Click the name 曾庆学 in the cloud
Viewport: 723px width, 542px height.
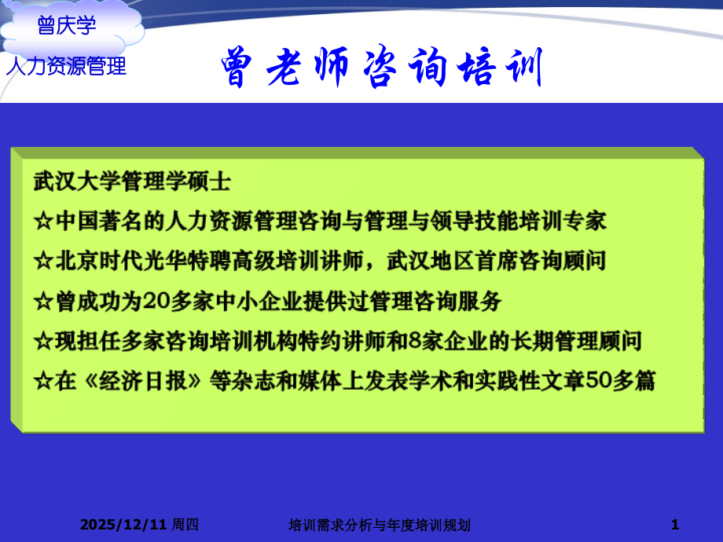point(67,26)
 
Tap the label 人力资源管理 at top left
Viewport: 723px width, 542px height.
point(66,67)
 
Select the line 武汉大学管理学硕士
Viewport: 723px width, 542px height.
point(132,181)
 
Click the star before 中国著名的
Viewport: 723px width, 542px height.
point(42,221)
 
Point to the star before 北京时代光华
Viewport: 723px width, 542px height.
point(42,260)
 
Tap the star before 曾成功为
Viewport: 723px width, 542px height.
point(42,300)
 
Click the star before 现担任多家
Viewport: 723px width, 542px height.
point(42,341)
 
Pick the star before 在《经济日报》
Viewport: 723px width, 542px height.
point(42,381)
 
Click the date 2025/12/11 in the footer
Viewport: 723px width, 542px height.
point(123,524)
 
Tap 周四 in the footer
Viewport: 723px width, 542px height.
point(185,524)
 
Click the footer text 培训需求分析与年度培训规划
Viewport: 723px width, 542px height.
point(380,524)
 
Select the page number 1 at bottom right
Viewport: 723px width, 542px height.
point(675,524)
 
